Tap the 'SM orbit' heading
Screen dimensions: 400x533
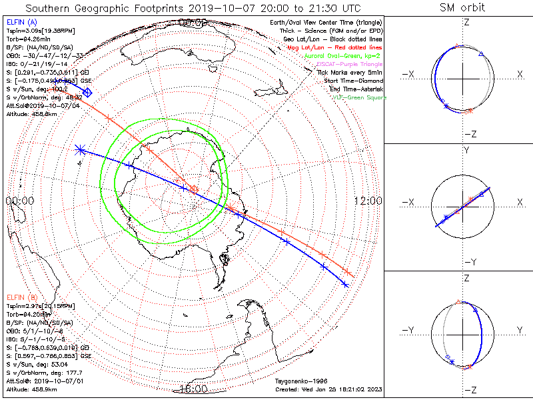(x=462, y=8)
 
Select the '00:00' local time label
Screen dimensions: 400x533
(x=19, y=201)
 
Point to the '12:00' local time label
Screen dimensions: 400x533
(x=367, y=201)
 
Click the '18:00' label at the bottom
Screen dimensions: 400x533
(x=193, y=389)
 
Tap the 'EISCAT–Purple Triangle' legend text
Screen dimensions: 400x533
(x=351, y=64)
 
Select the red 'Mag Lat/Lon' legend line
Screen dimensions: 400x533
(x=344, y=47)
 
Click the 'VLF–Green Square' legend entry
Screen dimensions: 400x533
(x=359, y=97)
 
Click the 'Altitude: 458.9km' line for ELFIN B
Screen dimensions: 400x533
(x=33, y=388)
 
